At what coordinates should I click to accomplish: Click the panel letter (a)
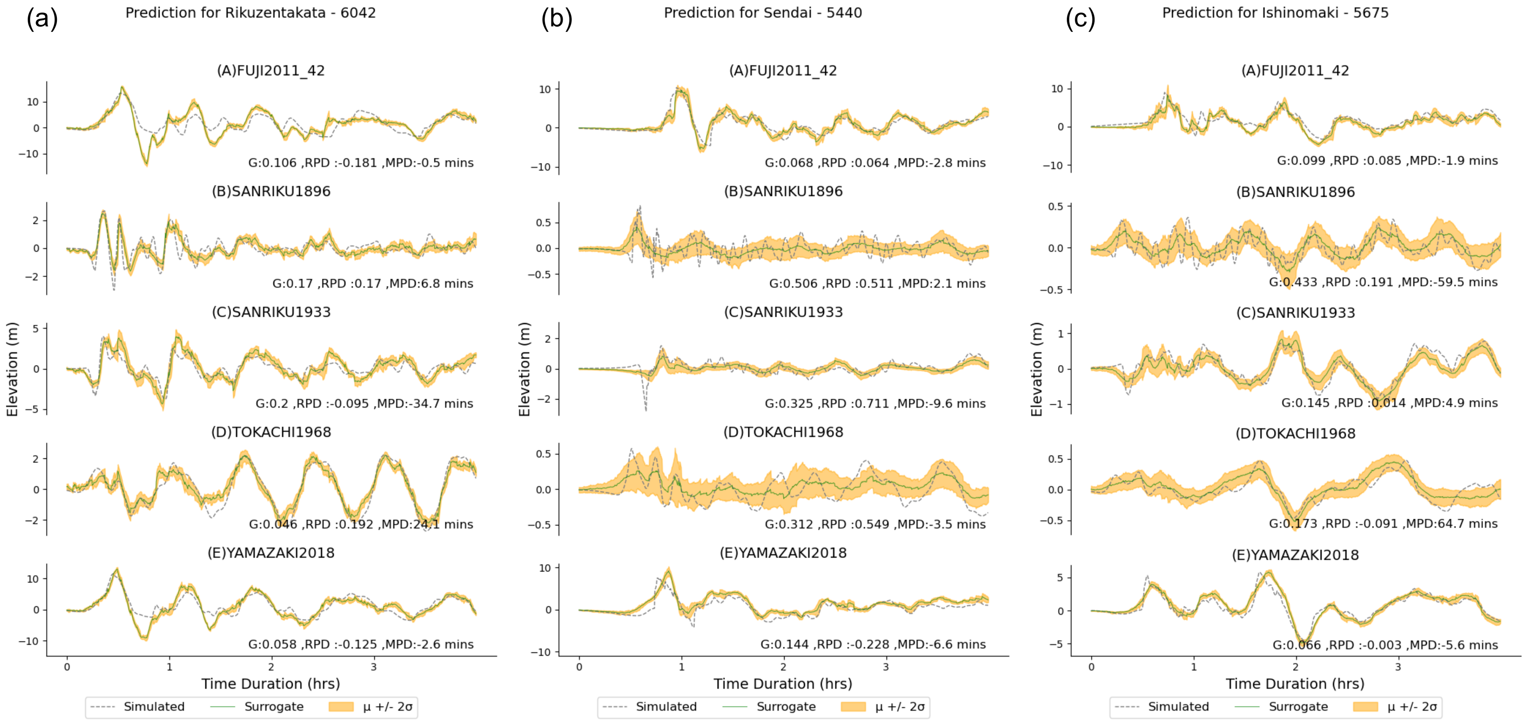[42, 19]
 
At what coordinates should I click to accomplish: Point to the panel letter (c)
[1080, 19]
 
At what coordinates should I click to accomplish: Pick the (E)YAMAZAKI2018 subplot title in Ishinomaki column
[1295, 555]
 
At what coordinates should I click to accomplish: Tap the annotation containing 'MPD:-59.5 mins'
[1383, 282]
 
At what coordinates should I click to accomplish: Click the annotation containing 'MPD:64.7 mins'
[1383, 524]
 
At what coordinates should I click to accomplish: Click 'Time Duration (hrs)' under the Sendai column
[783, 684]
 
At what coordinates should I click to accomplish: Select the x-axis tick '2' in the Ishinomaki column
[1296, 667]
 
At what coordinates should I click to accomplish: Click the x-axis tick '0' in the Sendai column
[579, 667]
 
